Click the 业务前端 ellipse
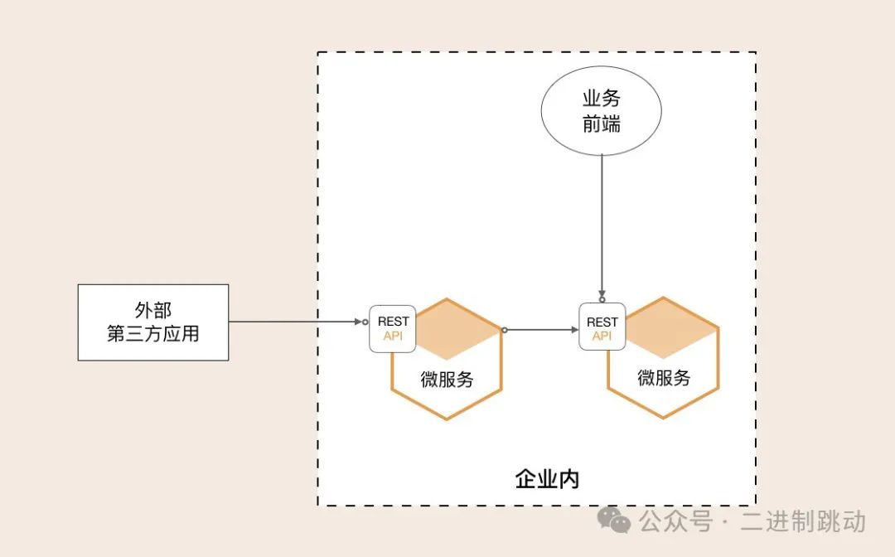[x=601, y=112]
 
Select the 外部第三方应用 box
[x=153, y=322]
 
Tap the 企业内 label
[x=546, y=479]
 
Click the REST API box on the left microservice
[x=393, y=328]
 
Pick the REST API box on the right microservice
[x=602, y=328]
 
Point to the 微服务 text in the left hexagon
[x=447, y=380]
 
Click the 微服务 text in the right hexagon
[x=664, y=378]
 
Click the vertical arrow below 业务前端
[x=602, y=224]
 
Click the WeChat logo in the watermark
[x=615, y=520]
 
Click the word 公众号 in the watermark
[x=675, y=521]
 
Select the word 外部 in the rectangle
[x=153, y=311]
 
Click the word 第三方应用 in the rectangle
[x=153, y=334]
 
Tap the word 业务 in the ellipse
[x=601, y=99]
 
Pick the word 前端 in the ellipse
[x=601, y=124]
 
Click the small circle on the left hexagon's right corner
[x=504, y=330]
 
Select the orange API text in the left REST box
[x=393, y=336]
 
